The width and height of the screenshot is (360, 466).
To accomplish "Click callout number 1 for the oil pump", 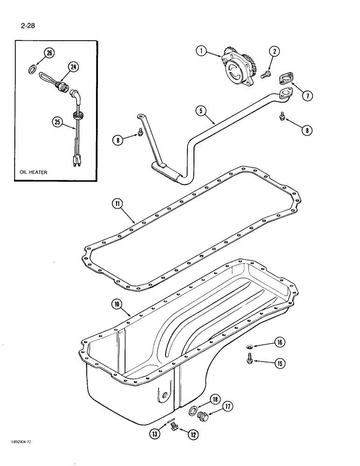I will coord(201,52).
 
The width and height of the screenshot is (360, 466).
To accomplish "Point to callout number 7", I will coord(306,96).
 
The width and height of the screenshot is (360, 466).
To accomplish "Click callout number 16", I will coord(279,343).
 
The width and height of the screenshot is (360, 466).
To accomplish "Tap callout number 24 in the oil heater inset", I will coord(73,67).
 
